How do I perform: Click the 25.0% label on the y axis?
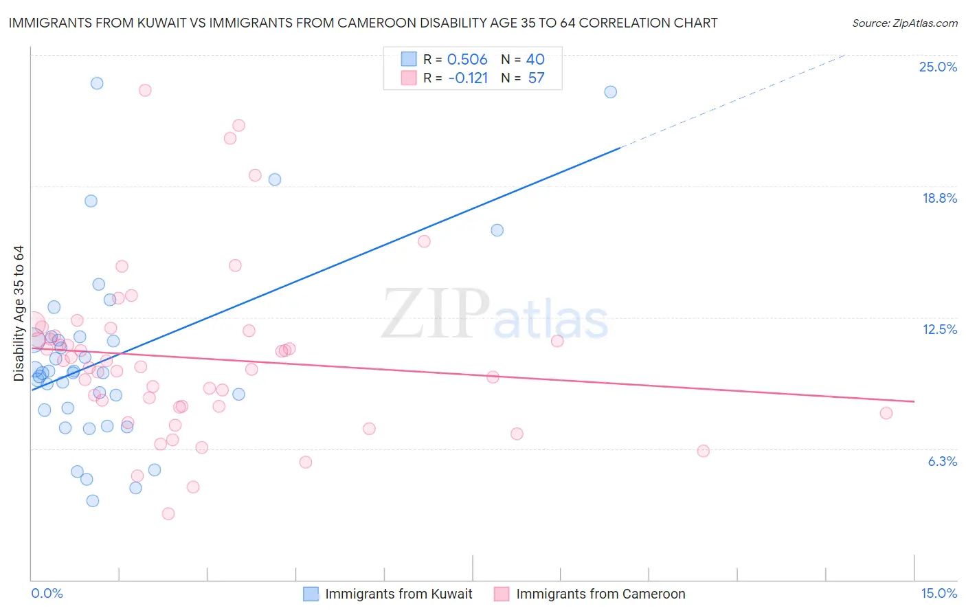[938, 67]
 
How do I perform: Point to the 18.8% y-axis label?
[939, 198]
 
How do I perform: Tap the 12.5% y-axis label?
[939, 329]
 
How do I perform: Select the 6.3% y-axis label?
[942, 461]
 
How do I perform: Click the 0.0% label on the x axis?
[47, 593]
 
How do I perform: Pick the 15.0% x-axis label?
[939, 593]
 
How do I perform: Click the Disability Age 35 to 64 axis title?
[19, 313]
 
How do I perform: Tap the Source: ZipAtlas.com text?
[904, 23]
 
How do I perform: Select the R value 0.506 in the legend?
[467, 59]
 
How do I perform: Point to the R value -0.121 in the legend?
[467, 78]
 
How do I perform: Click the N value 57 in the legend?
[536, 78]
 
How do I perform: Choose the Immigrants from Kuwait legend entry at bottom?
[389, 594]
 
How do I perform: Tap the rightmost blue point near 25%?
[610, 92]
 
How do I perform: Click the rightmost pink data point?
[886, 413]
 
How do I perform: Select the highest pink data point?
[145, 90]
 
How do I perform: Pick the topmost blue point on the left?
[97, 83]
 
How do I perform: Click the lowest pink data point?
[168, 513]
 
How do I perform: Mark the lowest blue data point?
[93, 500]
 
